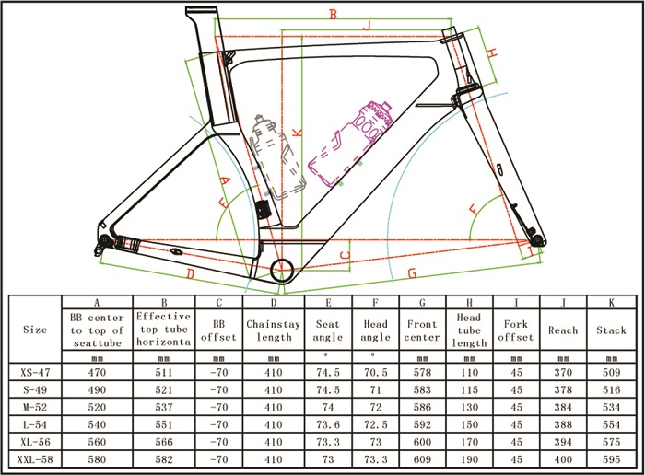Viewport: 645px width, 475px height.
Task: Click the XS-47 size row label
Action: click(35, 373)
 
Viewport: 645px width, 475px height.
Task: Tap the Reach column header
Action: click(563, 330)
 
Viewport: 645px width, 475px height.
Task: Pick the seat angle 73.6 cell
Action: click(329, 423)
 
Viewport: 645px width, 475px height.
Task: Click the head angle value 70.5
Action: click(375, 373)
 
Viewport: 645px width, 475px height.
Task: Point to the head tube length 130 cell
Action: click(469, 407)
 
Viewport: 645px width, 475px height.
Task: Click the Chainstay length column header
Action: click(274, 330)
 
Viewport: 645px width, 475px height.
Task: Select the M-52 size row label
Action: click(35, 407)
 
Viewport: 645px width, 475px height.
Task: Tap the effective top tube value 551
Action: click(163, 423)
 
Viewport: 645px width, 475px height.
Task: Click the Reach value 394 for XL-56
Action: click(563, 441)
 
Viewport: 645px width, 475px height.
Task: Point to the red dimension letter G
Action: click(412, 272)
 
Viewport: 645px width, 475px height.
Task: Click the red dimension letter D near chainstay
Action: click(189, 273)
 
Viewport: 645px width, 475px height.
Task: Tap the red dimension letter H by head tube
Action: click(494, 53)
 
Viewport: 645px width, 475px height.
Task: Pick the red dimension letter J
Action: click(367, 27)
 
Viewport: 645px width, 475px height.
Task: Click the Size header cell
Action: click(35, 330)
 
